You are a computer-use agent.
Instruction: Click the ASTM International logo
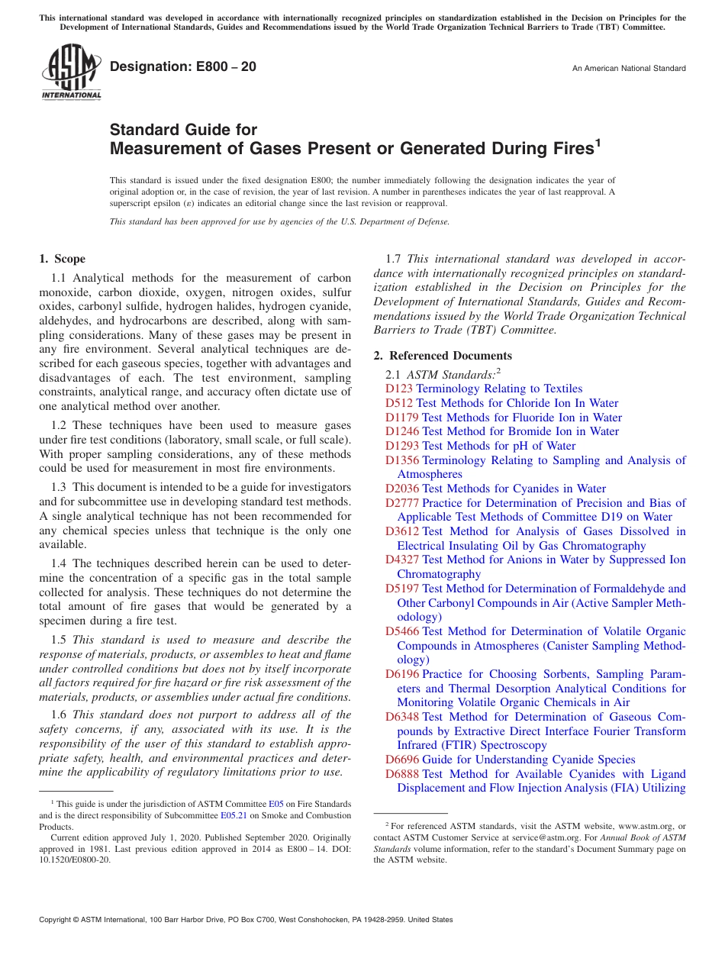coord(71,72)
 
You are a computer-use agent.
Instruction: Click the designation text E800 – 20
coord(182,67)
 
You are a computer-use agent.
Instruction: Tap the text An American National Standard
coord(629,69)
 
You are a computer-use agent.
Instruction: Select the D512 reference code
coord(399,403)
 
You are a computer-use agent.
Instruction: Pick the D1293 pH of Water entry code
coord(402,446)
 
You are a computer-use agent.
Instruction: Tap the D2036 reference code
coord(402,489)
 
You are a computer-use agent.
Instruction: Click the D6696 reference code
coord(402,760)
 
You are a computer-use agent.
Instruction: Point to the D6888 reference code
coord(402,774)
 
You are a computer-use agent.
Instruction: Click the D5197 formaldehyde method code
coord(402,589)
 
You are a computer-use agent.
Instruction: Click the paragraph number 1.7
coord(395,259)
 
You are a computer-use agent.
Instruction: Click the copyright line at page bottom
coord(246,920)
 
